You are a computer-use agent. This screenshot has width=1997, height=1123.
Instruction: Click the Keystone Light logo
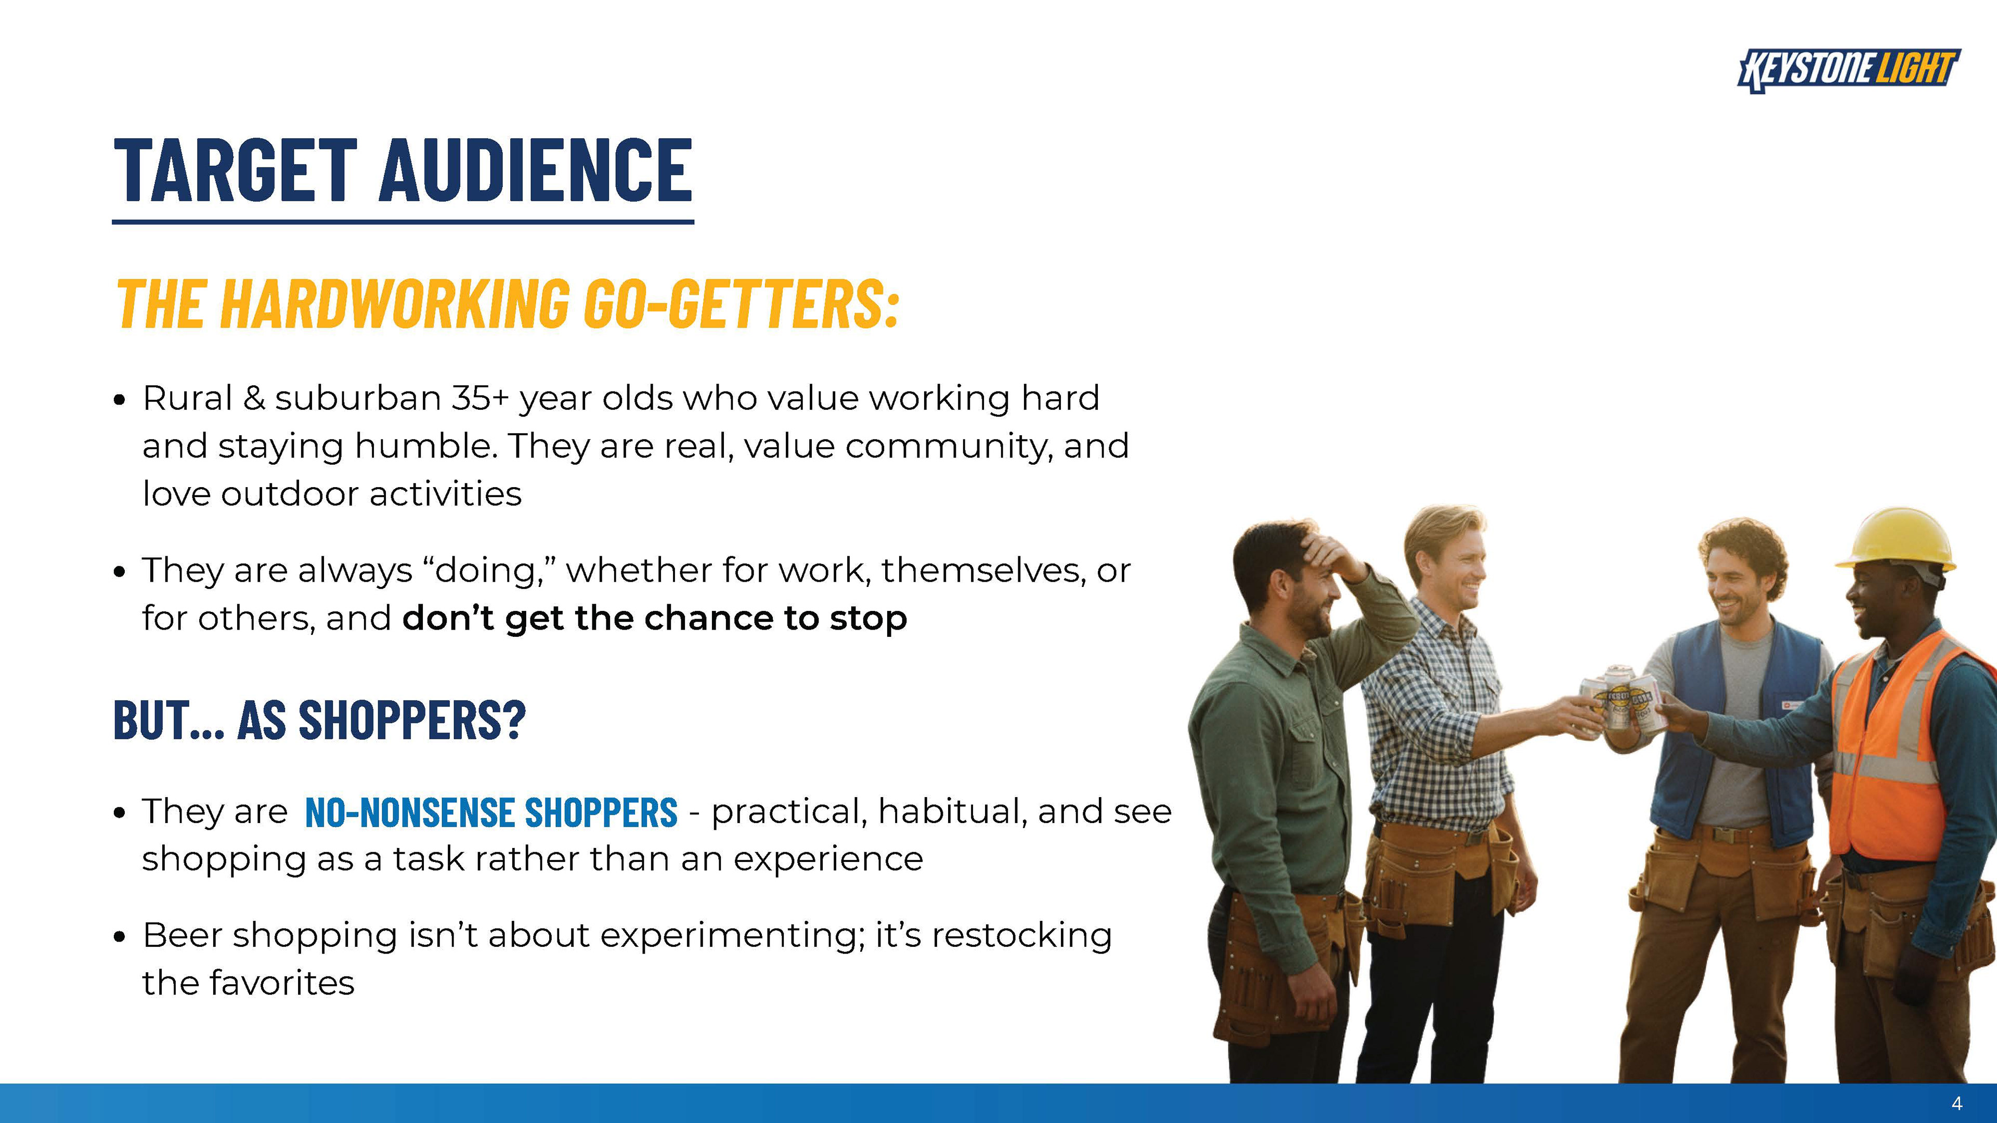point(1849,70)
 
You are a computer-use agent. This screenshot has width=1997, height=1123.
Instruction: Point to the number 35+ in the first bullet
point(480,398)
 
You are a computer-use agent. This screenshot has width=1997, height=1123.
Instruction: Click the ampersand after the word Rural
point(253,398)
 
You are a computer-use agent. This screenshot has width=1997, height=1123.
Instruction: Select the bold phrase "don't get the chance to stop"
point(654,619)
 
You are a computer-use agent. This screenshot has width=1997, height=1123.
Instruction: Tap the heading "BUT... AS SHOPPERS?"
point(319,720)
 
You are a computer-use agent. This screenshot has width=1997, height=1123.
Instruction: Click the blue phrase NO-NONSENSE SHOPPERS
point(491,812)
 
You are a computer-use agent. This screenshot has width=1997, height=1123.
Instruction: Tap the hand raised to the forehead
point(1332,556)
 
